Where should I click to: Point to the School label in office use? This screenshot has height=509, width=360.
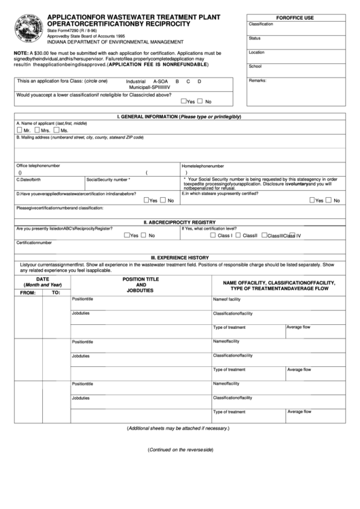[255, 66]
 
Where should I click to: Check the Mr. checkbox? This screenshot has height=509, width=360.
[19, 129]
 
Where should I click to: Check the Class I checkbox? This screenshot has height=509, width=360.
[213, 235]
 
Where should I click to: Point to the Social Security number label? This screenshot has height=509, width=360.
[108, 179]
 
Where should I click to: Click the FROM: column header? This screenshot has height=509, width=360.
[28, 292]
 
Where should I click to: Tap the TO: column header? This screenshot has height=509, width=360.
[56, 292]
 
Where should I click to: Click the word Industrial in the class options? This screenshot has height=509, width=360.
[137, 81]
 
